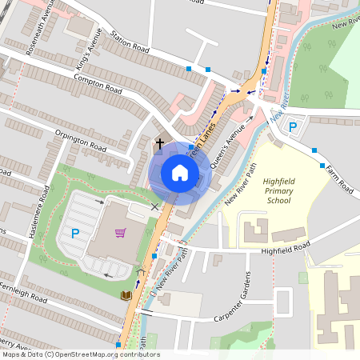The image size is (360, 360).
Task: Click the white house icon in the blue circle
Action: coord(180,172)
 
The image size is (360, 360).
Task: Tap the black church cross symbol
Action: coord(159,144)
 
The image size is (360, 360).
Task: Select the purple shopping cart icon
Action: coord(120,233)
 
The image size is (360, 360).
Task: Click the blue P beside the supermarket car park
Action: coord(75,234)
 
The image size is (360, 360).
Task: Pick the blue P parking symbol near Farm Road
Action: coord(293,126)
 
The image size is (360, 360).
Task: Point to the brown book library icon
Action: coord(126,295)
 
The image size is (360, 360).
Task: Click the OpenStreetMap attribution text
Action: coord(80,354)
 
